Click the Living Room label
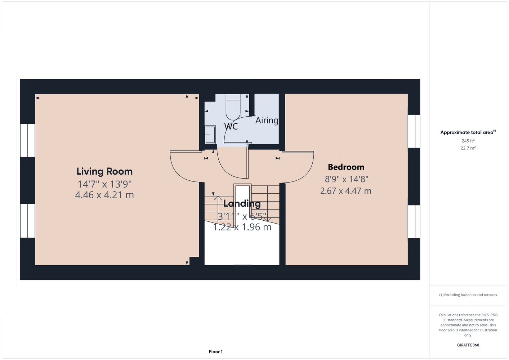104,171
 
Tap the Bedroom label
346,167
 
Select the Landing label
242,203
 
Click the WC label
231,126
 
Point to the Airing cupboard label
267,120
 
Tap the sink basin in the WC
210,135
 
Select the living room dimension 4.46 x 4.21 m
104,195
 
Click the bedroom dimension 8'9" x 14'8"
346,179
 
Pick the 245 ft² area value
468,141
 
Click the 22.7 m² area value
468,148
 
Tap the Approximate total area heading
468,132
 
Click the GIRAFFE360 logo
468,345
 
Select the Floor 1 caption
216,352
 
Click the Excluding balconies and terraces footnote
468,295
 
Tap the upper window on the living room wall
27,140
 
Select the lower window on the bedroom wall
414,222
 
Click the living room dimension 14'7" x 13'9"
104,184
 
